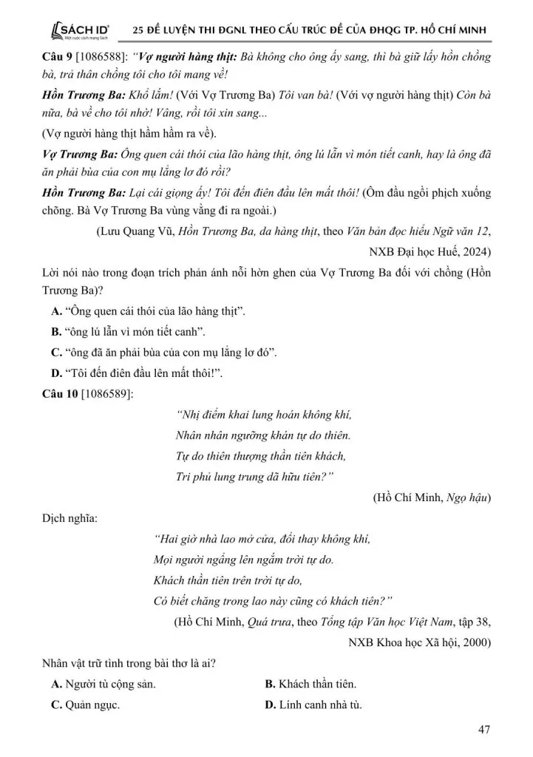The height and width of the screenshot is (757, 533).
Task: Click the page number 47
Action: tap(485, 730)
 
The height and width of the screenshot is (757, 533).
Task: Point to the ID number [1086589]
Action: tap(108, 393)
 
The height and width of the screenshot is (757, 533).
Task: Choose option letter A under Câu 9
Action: tap(55, 313)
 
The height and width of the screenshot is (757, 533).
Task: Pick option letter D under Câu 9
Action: tap(55, 373)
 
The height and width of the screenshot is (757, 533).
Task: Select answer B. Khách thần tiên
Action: tap(310, 684)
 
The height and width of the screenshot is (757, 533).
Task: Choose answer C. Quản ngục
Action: tap(86, 704)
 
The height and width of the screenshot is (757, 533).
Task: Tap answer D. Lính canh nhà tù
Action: tap(313, 704)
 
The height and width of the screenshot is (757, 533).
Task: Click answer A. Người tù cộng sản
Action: tap(103, 684)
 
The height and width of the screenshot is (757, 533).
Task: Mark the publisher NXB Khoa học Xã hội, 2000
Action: tap(419, 642)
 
